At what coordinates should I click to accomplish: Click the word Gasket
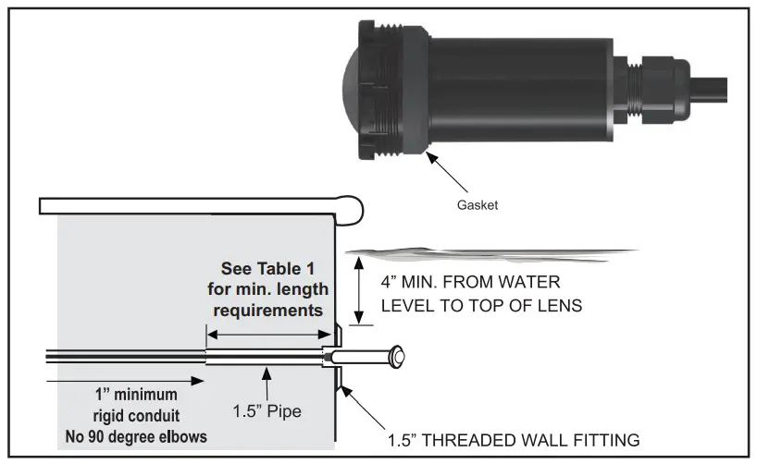478,205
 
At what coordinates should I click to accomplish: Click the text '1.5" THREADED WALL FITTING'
514,440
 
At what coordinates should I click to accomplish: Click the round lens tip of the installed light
398,355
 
